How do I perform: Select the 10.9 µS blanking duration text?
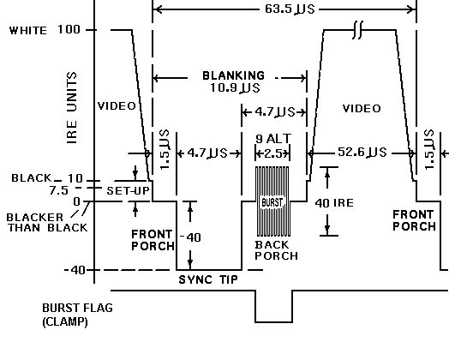pos(228,88)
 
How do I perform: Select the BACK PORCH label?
pos(275,249)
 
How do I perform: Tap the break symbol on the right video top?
pos(359,30)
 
